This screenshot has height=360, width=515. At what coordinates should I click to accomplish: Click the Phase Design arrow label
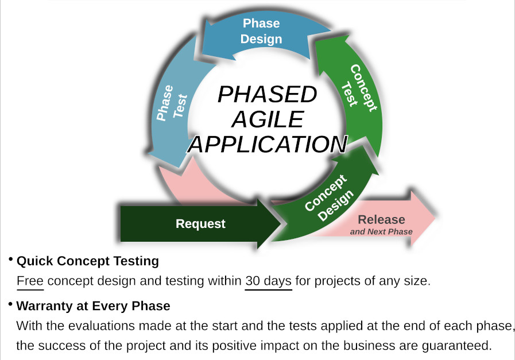pos(261,31)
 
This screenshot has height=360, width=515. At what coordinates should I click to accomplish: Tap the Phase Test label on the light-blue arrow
pos(172,102)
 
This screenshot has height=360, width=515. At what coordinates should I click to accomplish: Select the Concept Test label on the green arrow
pos(359,87)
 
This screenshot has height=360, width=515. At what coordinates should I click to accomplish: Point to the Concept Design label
pos(329,198)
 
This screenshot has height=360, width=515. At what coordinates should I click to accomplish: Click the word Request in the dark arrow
pos(200,224)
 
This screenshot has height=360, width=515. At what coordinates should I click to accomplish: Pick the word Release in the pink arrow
pos(381,219)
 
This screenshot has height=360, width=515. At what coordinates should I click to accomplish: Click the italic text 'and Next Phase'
pos(381,231)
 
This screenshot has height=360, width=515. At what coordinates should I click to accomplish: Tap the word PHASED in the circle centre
pos(268,94)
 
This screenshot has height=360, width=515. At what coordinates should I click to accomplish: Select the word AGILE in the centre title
pos(268,119)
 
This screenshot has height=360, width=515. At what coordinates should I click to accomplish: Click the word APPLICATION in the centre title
pos(268,144)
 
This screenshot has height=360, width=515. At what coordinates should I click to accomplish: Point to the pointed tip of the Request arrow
pos(281,224)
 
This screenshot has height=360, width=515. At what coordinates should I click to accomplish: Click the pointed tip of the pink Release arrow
pos(435,217)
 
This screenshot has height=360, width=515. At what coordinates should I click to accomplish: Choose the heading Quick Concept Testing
pos(88,261)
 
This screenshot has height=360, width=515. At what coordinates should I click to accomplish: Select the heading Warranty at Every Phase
pos(93,306)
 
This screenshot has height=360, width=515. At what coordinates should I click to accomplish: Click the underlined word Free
pos(30,281)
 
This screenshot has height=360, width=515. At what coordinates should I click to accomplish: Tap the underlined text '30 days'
pos(268,281)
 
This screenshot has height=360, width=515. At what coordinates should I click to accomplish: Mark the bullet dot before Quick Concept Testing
pos(11,260)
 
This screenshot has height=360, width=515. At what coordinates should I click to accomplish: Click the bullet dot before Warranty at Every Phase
pos(11,304)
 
